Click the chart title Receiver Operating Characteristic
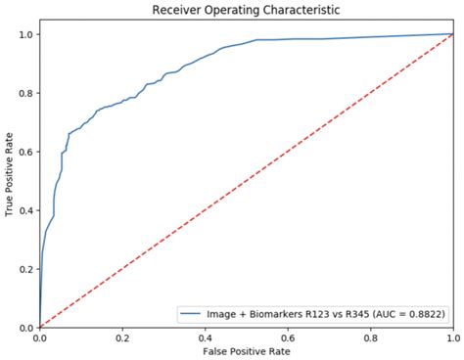[245, 10]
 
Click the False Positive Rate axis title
[245, 350]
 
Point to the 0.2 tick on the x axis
[121, 337]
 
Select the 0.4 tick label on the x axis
[205, 337]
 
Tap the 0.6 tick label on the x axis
[287, 337]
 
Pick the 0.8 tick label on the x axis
[370, 337]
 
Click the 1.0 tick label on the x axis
[452, 337]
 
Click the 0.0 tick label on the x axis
[39, 337]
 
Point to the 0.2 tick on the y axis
[26, 269]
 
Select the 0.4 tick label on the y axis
[26, 210]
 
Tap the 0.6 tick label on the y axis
[26, 152]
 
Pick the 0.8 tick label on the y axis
[26, 93]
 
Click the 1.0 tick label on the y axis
[26, 34]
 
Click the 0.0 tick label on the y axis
[26, 328]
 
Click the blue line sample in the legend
[191, 313]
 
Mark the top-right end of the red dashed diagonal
[452, 34]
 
